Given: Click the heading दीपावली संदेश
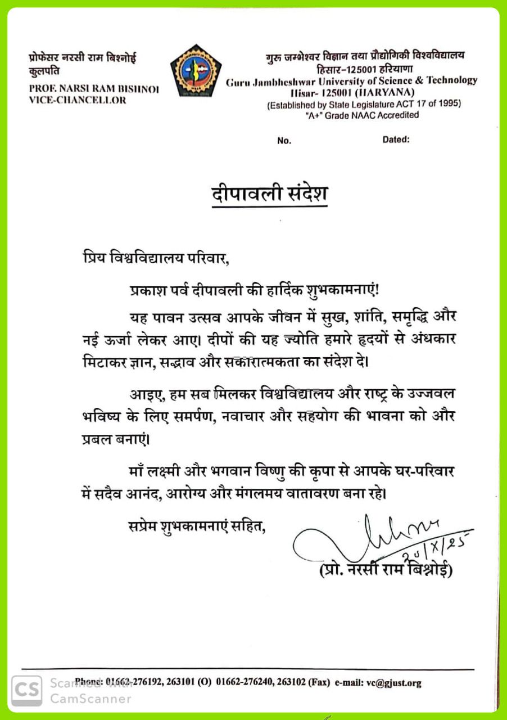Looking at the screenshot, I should [269, 193].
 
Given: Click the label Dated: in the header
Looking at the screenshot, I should [396, 139].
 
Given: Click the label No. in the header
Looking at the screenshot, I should [284, 141].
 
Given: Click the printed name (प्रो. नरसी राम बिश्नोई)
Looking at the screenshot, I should [386, 569].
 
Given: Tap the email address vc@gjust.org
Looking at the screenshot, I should [393, 683].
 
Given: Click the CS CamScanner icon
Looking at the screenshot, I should [26, 690].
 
